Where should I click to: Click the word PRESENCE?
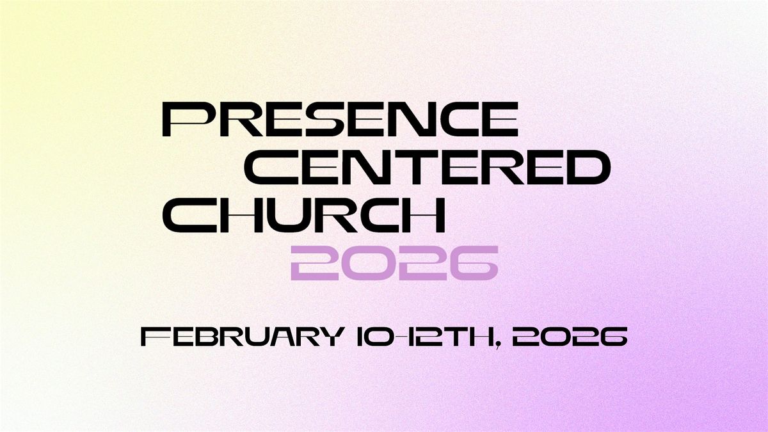[x=339, y=120]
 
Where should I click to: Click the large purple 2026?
[x=394, y=263]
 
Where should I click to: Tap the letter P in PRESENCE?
[x=184, y=120]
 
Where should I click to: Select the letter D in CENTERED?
[x=585, y=168]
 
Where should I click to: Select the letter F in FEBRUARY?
[x=152, y=337]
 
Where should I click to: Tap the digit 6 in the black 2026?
[x=611, y=337]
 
